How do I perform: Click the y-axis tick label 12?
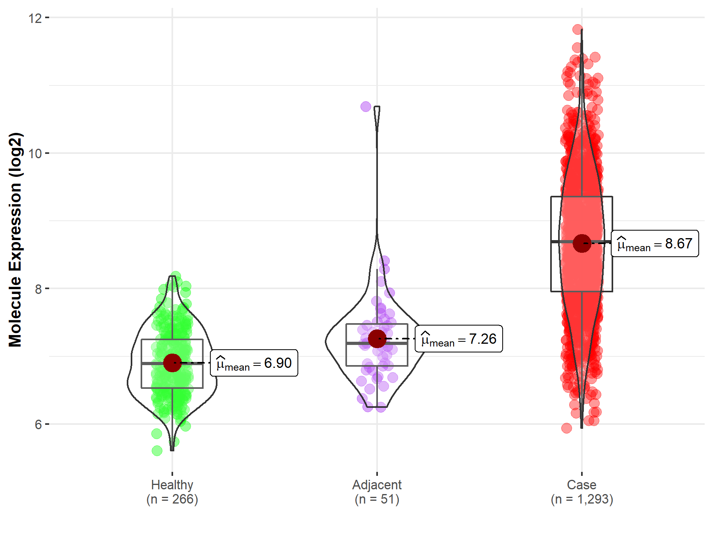[x=35, y=18]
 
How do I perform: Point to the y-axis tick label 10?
[x=35, y=153]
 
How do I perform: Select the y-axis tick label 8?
[x=38, y=289]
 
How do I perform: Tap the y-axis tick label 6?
[x=38, y=425]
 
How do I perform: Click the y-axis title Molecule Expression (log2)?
[x=15, y=240]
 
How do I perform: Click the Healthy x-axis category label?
[x=172, y=485]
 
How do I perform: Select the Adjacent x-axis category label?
[x=377, y=485]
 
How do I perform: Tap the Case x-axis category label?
[x=581, y=485]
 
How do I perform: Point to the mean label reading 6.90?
[x=254, y=363]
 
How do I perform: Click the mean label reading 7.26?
[x=459, y=339]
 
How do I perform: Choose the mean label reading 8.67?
[x=655, y=244]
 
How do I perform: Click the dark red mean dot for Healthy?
[x=172, y=363]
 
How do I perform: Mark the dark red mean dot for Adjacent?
[x=377, y=339]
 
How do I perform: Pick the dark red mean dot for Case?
[x=582, y=243]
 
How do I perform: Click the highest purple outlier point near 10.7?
[x=366, y=106]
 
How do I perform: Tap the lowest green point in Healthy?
[x=157, y=451]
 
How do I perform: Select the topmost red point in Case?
[x=578, y=29]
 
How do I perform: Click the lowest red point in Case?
[x=566, y=428]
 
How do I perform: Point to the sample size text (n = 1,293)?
[x=581, y=499]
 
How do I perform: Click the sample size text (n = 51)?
[x=377, y=499]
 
